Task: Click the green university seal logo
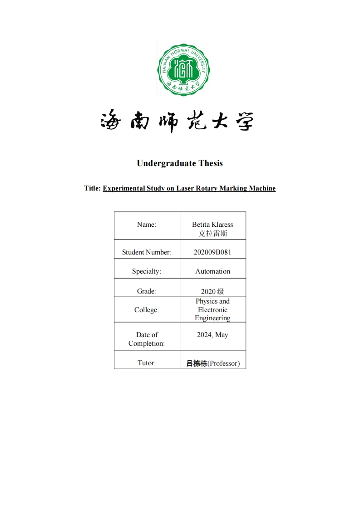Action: tap(183, 70)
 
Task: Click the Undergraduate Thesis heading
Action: tap(180, 163)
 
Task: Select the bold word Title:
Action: tap(93, 188)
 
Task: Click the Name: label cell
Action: tap(146, 225)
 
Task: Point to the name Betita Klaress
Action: tap(212, 225)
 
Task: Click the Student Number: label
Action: tap(147, 252)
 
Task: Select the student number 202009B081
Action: tap(212, 252)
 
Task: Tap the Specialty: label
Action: tap(146, 271)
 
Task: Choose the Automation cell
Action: tap(212, 271)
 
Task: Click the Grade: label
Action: tap(146, 291)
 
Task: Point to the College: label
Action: tap(146, 310)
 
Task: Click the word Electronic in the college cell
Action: tap(212, 310)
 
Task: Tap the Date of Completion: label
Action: tap(147, 339)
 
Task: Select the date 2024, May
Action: tap(212, 335)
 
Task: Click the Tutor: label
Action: tap(146, 363)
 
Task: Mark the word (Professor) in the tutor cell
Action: tap(223, 363)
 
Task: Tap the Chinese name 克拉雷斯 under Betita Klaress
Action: tap(212, 234)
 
